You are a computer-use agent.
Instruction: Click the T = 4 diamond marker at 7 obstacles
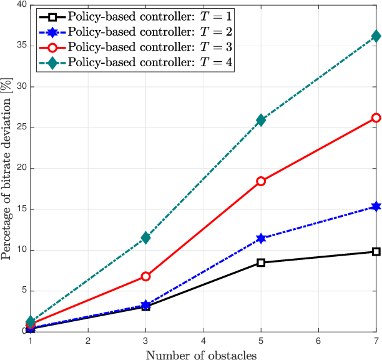376,36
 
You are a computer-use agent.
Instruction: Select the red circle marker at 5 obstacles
261,181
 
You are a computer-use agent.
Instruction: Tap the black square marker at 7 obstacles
376,251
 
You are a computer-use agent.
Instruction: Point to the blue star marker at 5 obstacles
261,238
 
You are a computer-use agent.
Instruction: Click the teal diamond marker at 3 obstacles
145,237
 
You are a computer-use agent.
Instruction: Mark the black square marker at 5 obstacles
261,262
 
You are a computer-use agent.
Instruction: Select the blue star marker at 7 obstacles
376,206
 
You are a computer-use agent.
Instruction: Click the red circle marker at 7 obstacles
376,117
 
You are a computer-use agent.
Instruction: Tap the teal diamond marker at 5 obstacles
261,120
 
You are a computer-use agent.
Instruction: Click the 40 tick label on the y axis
20,5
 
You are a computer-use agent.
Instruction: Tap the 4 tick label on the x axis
203,341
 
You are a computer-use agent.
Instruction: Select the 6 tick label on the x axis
318,341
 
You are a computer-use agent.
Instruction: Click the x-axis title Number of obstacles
203,354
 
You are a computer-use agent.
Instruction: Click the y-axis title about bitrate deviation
6,167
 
